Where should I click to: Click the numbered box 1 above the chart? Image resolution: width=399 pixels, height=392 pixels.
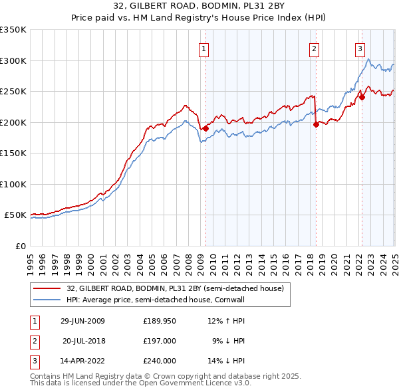tap(203, 48)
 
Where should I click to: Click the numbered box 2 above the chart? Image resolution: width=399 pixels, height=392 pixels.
tap(313, 48)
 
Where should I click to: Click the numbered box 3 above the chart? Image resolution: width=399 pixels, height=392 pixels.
tap(360, 48)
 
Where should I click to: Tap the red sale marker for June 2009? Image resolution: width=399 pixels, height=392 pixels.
tap(206, 128)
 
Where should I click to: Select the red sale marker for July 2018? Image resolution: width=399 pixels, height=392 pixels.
tap(316, 124)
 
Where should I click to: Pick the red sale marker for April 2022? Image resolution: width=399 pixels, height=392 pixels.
tap(362, 98)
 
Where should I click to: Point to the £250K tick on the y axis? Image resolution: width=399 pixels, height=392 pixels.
tap(15, 92)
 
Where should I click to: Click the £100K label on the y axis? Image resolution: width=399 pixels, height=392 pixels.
tap(15, 184)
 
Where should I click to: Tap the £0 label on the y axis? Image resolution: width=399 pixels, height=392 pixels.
tap(20, 246)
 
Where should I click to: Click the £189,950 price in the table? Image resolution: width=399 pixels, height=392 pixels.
tap(159, 320)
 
